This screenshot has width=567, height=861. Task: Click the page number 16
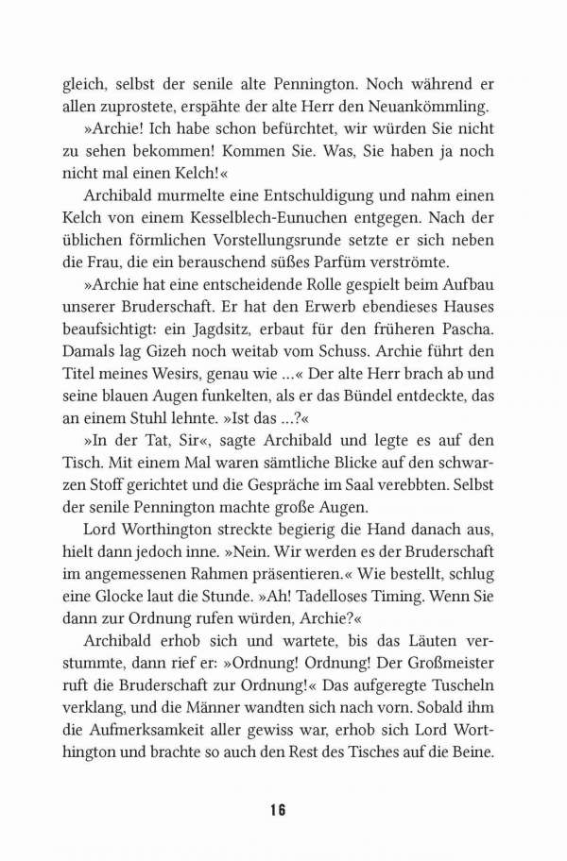pyautogui.click(x=276, y=810)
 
